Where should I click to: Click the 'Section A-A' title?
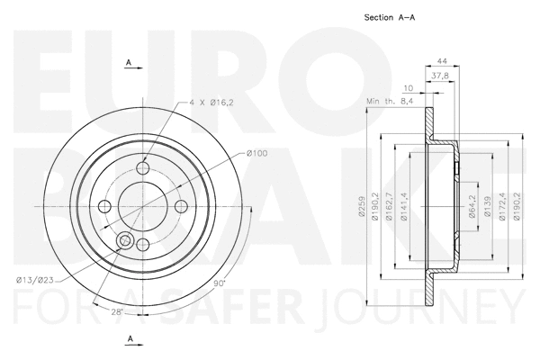coord(390,17)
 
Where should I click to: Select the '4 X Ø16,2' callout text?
coord(211,103)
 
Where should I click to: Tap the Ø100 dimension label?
coord(256,153)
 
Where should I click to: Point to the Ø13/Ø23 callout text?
coord(35,281)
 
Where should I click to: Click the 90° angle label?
coord(219,283)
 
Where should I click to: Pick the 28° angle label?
coord(117,311)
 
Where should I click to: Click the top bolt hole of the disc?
coord(142,168)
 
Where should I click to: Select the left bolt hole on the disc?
coord(104,206)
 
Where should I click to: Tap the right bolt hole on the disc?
coord(181,206)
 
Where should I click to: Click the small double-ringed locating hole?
coord(125,240)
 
